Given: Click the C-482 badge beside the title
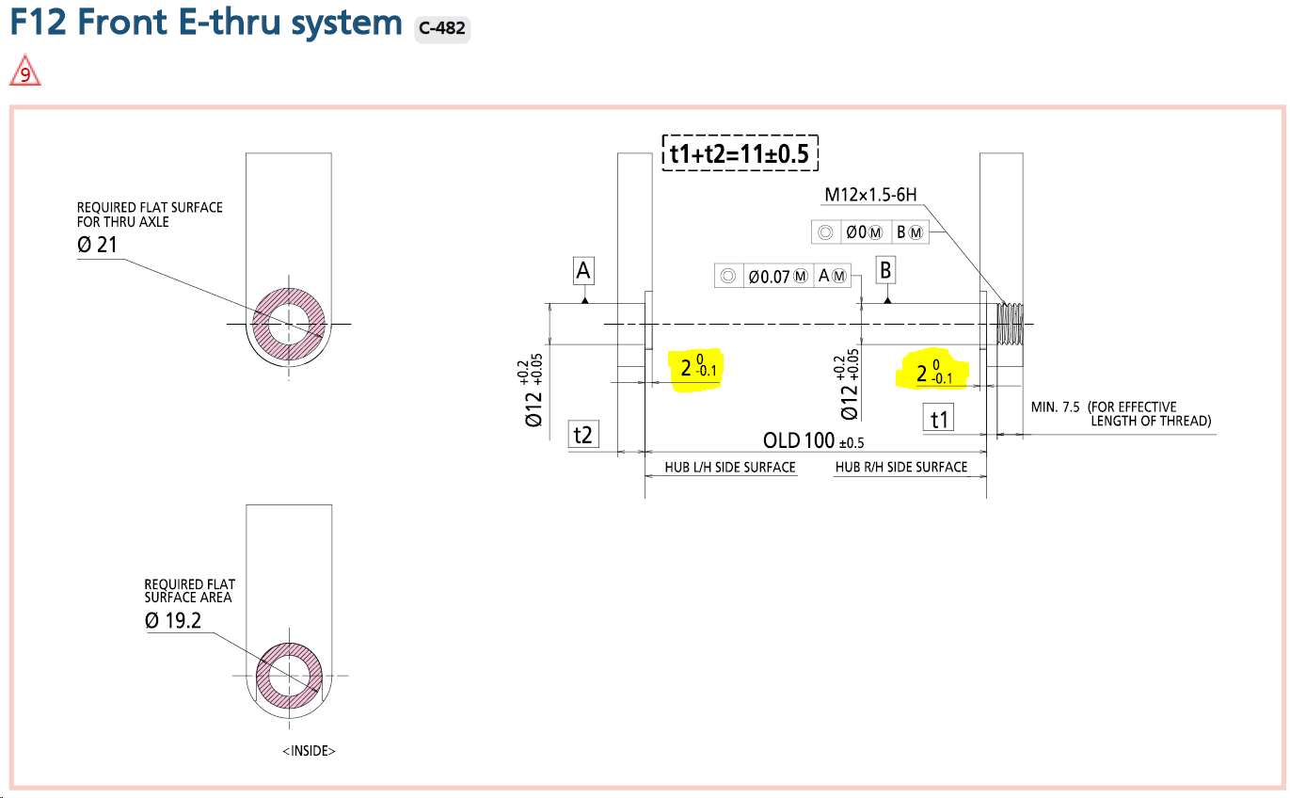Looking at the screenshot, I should (x=442, y=28).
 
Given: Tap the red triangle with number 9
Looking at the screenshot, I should (x=25, y=72).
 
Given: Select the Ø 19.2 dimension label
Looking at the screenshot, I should (x=173, y=620).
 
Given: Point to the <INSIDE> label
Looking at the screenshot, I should (x=309, y=751).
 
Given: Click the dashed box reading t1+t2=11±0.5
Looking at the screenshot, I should (x=741, y=152).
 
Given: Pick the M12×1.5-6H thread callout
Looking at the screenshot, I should (x=870, y=195).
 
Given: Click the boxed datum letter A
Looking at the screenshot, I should (x=583, y=272).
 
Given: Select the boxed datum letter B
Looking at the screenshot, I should (x=884, y=271).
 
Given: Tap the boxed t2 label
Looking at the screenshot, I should (x=583, y=434).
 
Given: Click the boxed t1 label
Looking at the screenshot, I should (x=939, y=419).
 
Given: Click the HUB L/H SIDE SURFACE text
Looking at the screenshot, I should (x=724, y=467).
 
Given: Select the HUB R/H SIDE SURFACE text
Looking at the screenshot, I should (x=901, y=467).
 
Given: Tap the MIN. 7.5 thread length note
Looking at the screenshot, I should (x=1120, y=413).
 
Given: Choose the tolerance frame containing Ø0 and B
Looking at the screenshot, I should (x=869, y=232).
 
